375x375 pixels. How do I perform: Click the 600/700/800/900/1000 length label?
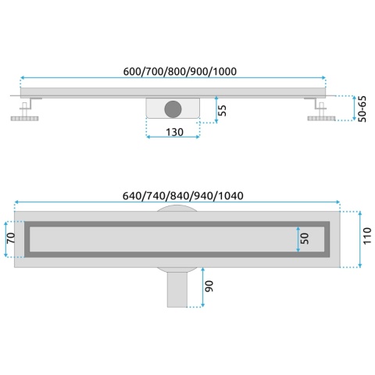click(180, 71)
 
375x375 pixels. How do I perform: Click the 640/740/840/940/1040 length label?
click(183, 196)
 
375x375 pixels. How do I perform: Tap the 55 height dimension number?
click(222, 110)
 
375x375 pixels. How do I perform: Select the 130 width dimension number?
click(174, 132)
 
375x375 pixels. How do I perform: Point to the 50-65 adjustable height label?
click(362, 109)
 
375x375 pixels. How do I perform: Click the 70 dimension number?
click(11, 237)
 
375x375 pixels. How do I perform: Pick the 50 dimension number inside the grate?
click(305, 238)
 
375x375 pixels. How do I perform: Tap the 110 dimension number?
click(367, 236)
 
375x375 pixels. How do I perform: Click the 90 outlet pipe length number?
click(209, 286)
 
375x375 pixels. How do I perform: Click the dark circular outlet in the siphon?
click(173, 109)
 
